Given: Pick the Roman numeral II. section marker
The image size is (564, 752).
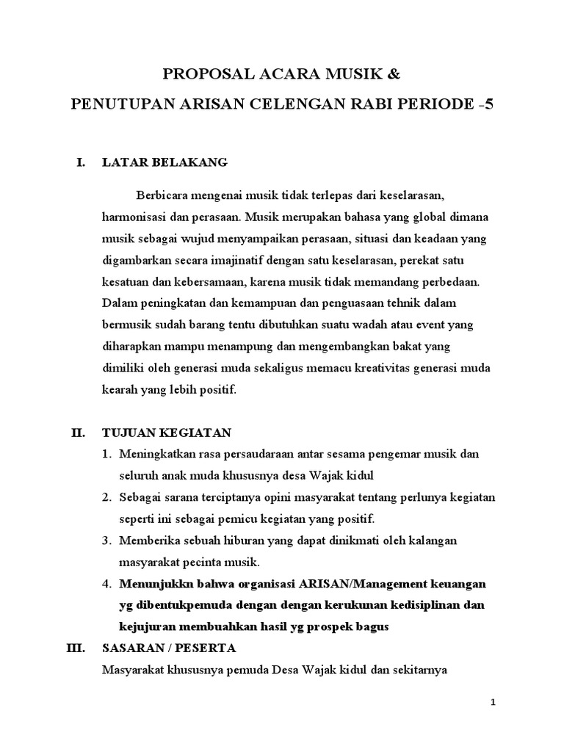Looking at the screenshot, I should (x=79, y=433).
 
